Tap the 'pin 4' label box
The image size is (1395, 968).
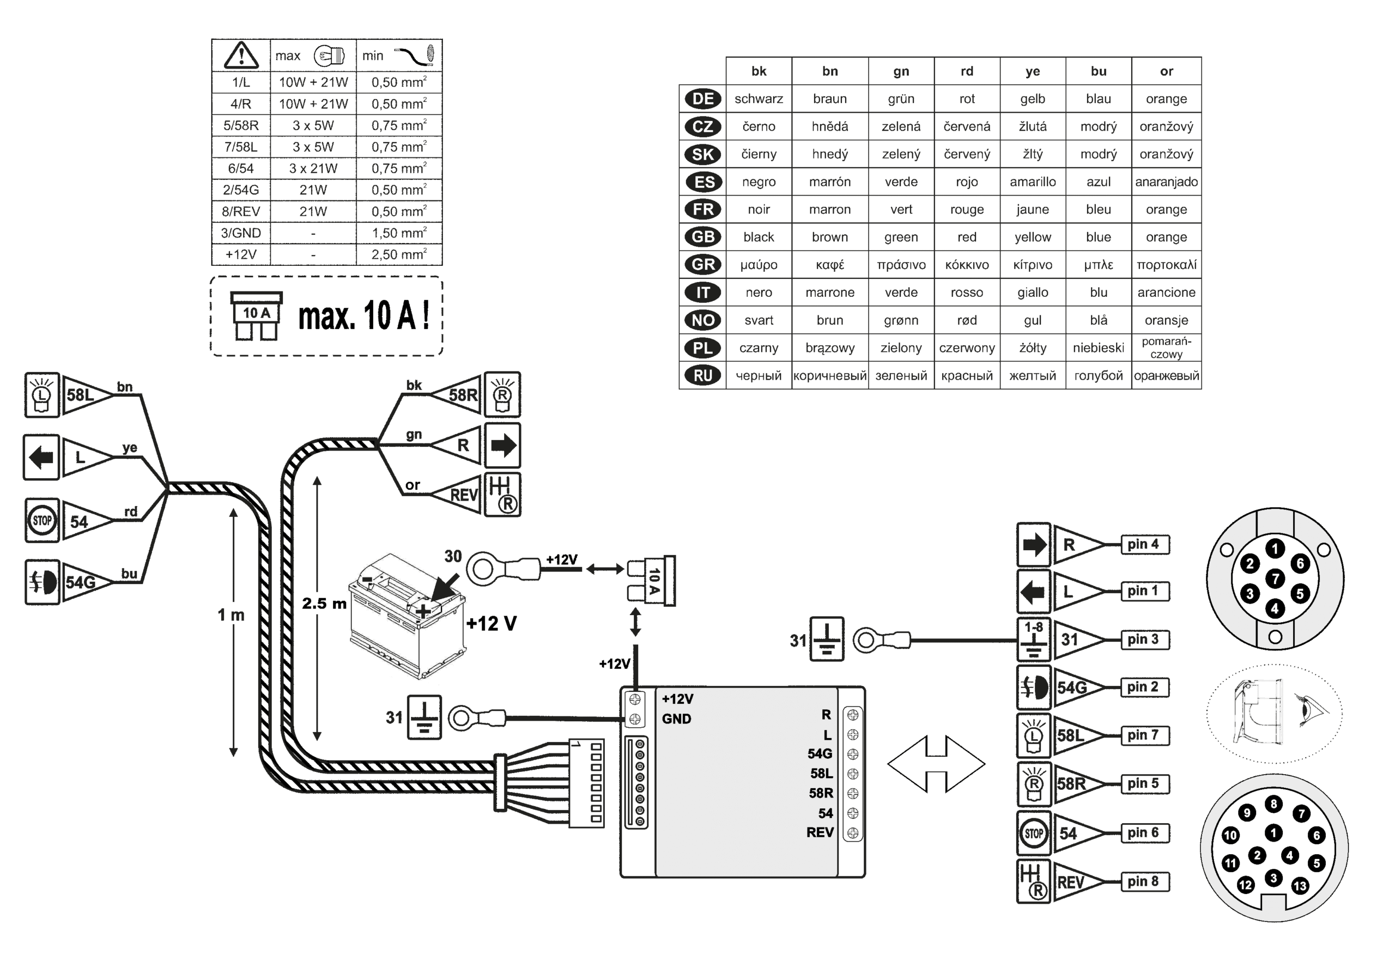1144,544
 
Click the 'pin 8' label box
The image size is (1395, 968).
1144,881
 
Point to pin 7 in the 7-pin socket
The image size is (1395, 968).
1275,579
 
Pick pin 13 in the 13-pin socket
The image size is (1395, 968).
1300,886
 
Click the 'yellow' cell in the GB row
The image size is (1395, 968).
1032,237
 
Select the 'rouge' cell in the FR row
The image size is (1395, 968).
967,209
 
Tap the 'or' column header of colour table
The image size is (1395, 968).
1166,71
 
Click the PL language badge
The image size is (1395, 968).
702,348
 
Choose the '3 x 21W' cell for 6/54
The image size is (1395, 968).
313,168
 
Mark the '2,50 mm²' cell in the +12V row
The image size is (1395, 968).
399,254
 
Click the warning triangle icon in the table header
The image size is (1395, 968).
241,55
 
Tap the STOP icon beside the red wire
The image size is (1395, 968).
42,520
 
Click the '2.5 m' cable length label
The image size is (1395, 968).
324,604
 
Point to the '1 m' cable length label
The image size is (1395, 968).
231,615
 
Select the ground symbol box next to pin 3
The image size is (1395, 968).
1033,640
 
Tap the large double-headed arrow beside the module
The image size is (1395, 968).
936,764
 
